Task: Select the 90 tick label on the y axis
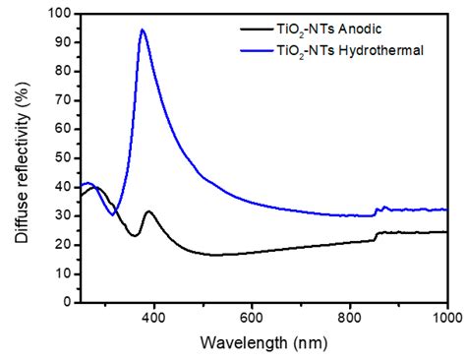point(62,44)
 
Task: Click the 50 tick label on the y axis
point(62,157)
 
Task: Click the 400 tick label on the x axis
point(153,316)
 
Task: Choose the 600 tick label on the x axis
point(252,316)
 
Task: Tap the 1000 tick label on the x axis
point(444,316)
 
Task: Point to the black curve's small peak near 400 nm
point(149,211)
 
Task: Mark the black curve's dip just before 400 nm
point(136,235)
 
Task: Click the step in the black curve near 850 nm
point(377,235)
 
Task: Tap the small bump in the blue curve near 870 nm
point(384,208)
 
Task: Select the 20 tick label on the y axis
point(62,243)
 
